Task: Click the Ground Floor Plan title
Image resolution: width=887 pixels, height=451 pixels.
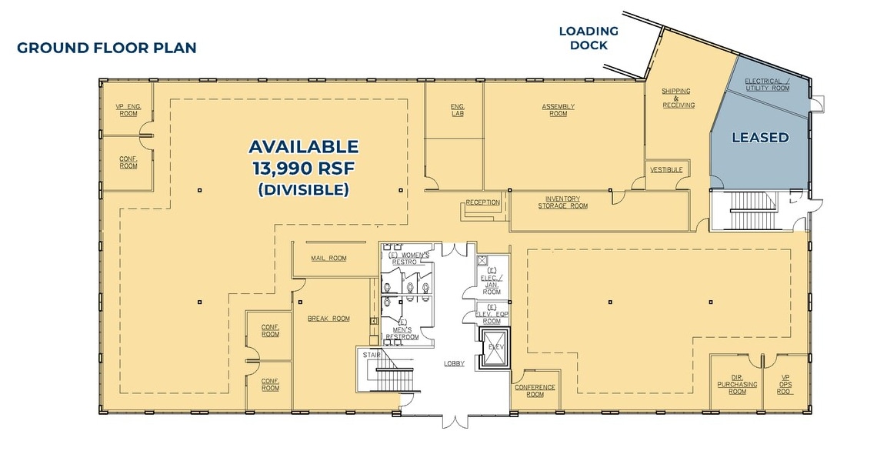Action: click(106, 48)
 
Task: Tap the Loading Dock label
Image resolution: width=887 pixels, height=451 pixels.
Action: click(589, 38)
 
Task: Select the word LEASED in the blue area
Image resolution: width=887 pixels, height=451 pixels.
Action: click(759, 138)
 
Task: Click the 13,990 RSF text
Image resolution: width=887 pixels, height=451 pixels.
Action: click(303, 168)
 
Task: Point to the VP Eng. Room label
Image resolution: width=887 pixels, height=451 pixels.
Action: click(127, 110)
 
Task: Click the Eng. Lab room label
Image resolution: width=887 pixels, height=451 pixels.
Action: click(457, 110)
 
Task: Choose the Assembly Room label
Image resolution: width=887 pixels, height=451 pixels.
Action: click(558, 110)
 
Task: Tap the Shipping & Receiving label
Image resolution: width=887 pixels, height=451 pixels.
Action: click(678, 98)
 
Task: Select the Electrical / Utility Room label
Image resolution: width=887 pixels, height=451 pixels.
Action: click(767, 85)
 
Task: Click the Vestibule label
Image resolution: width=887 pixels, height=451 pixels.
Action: click(666, 169)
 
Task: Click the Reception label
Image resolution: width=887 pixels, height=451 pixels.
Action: click(483, 202)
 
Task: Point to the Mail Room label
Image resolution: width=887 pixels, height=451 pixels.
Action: click(328, 259)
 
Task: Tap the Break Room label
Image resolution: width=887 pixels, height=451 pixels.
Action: click(328, 319)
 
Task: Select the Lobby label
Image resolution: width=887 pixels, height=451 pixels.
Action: click(454, 363)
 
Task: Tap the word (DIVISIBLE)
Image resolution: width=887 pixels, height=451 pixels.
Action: click(303, 189)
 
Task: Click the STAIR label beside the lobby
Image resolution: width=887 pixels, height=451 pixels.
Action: click(372, 355)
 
